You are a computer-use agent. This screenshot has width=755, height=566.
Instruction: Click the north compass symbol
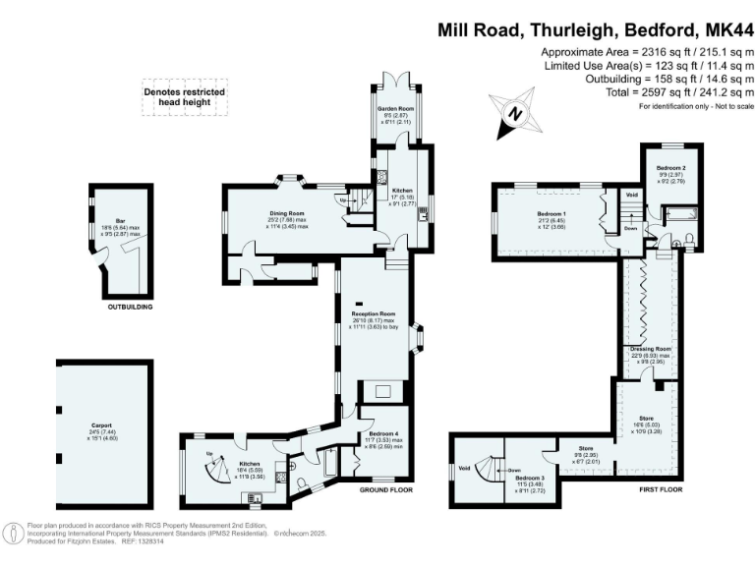pyautogui.click(x=512, y=112)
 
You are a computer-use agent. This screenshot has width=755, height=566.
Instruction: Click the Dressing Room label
pyautogui.click(x=650, y=349)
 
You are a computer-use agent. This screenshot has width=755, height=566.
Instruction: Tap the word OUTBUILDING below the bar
pyautogui.click(x=130, y=308)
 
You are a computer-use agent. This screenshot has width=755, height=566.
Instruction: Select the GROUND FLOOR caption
pyautogui.click(x=385, y=489)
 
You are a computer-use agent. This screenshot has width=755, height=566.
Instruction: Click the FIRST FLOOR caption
pyautogui.click(x=653, y=489)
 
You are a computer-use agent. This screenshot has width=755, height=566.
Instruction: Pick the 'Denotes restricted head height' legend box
pyautogui.click(x=183, y=97)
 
